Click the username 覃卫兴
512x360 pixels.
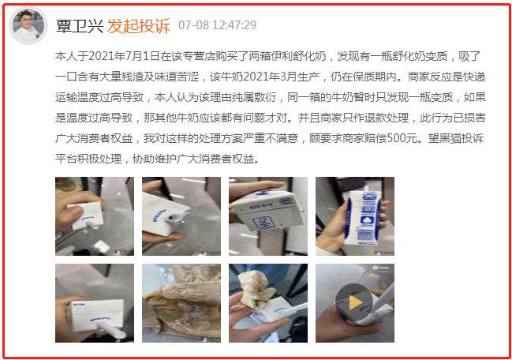[x=79, y=24]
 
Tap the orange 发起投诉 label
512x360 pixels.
[x=138, y=24]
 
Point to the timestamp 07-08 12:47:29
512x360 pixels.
[x=217, y=25]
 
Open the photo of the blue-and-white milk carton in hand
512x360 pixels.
[x=354, y=216]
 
